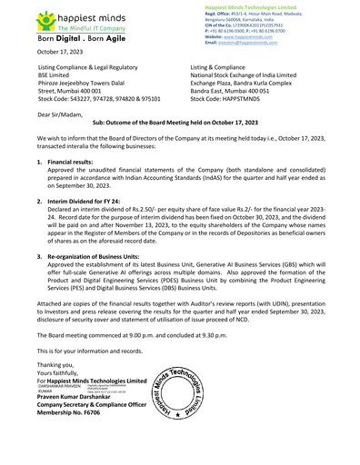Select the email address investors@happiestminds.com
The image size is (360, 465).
pyautogui.click(x=255, y=43)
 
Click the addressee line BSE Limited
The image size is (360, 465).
pyautogui.click(x=56, y=76)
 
